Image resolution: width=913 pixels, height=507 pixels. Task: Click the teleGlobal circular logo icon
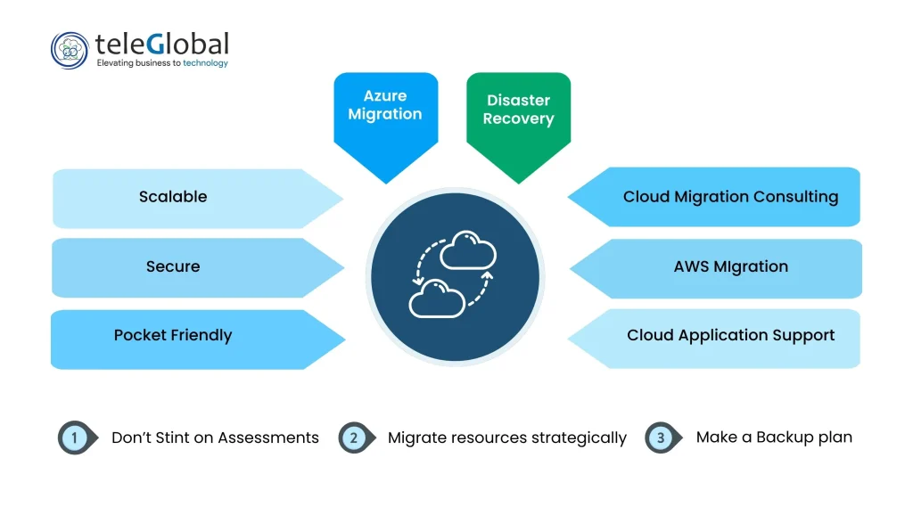pos(70,50)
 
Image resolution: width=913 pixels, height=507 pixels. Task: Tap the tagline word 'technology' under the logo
pos(206,63)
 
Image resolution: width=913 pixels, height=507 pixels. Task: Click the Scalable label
pos(173,197)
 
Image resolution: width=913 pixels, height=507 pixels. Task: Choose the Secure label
pos(173,266)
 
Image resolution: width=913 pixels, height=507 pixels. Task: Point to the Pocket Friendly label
pos(173,336)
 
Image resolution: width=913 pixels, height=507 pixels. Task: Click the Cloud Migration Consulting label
pos(730,197)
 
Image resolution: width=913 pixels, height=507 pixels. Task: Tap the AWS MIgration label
pos(730,266)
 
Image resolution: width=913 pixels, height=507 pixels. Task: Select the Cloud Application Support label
pos(730,336)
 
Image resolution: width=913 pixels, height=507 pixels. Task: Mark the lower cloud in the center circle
pos(435,298)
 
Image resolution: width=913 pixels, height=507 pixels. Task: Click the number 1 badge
pos(75,437)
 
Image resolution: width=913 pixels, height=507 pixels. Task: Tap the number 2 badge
pos(354,437)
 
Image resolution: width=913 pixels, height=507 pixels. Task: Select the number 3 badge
pos(661,437)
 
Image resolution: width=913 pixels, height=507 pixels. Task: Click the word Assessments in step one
pos(267,437)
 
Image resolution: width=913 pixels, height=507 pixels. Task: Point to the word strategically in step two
pos(579,438)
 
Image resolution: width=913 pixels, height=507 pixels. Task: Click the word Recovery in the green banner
pos(518,119)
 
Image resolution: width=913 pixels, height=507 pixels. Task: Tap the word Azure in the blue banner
pos(385,96)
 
